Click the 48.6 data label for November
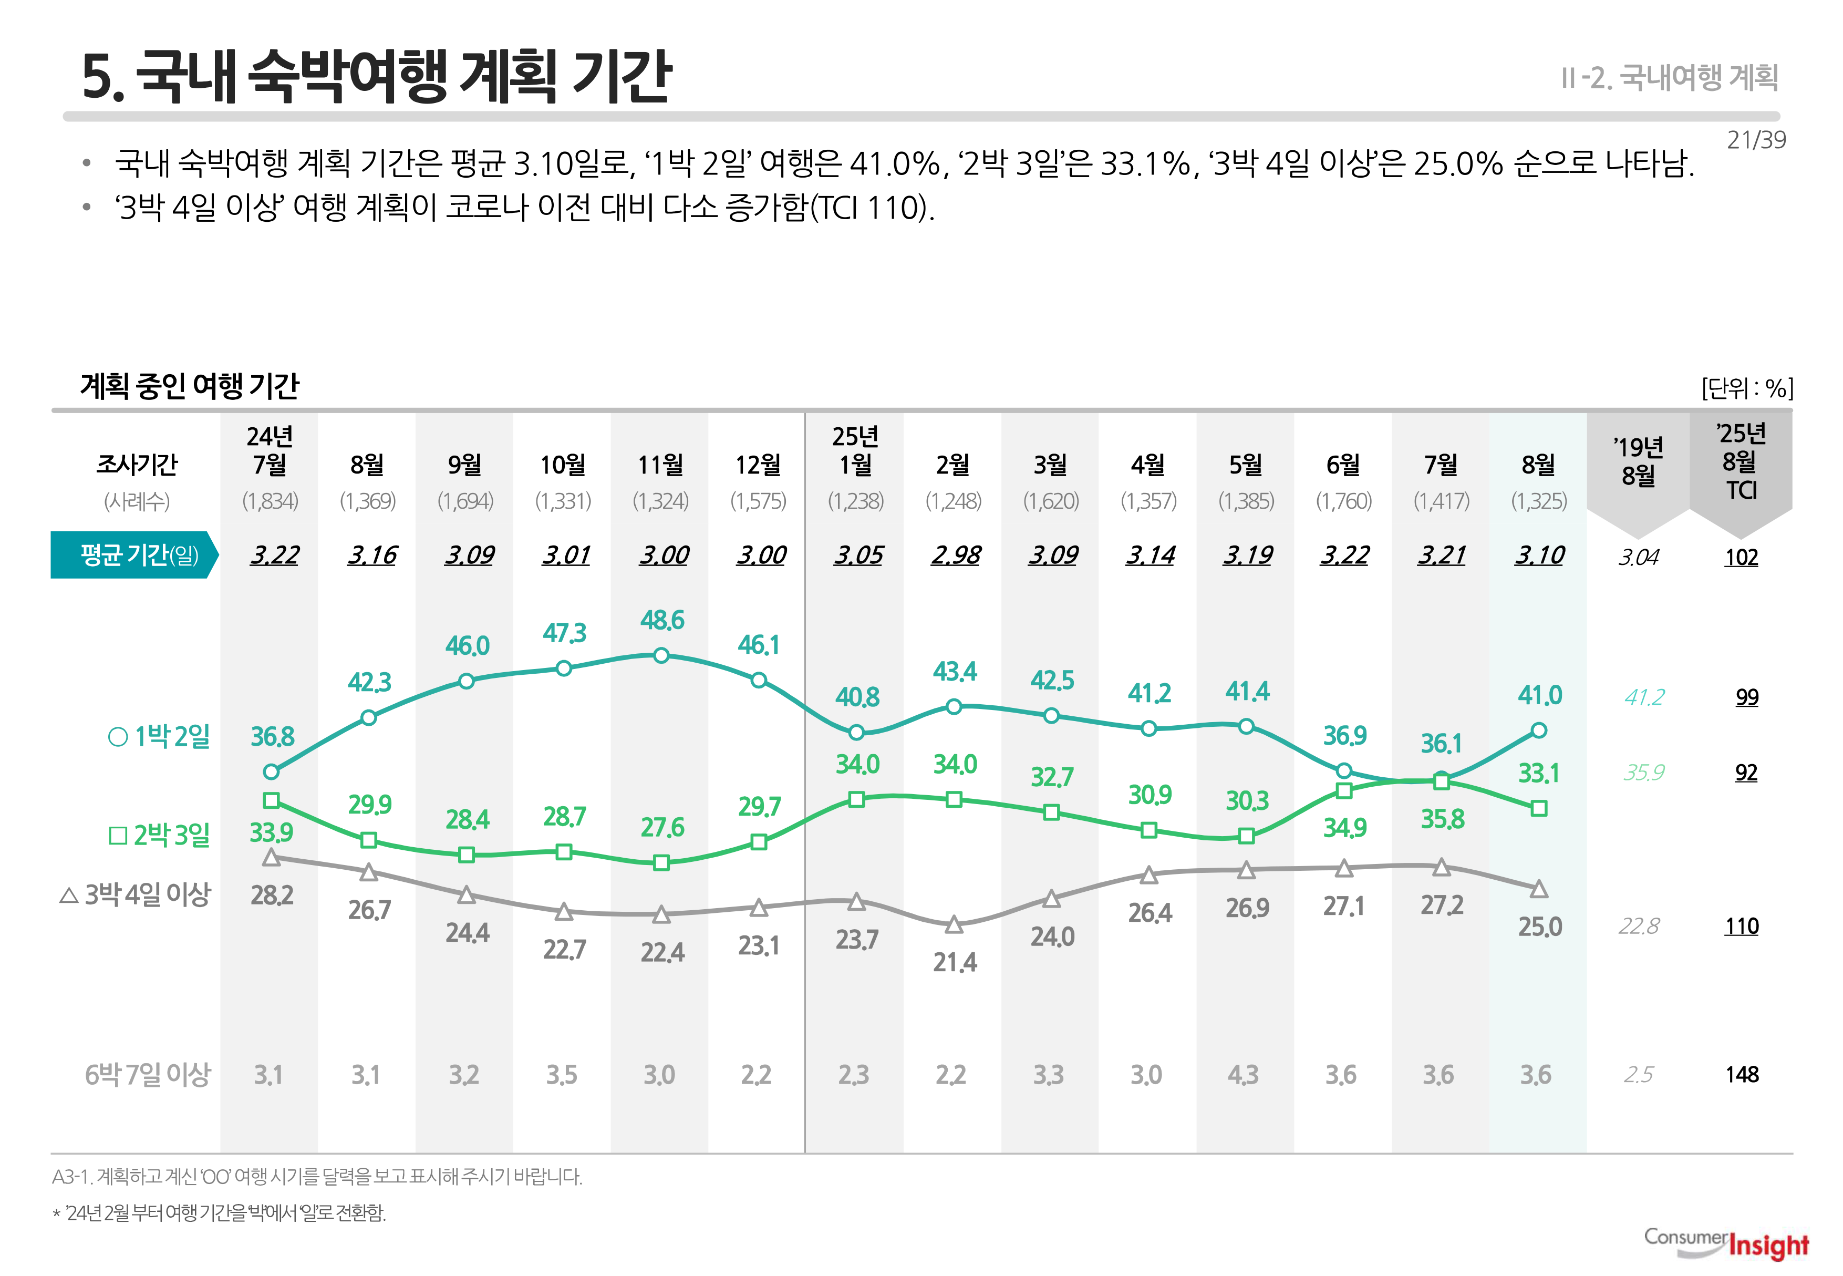pyautogui.click(x=662, y=621)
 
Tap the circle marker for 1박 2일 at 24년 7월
pyautogui.click(x=271, y=771)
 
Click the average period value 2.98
pyautogui.click(x=954, y=555)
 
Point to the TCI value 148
pyautogui.click(x=1742, y=1075)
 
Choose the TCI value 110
pyautogui.click(x=1742, y=927)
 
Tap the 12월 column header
pyautogui.click(x=758, y=465)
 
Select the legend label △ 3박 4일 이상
pyautogui.click(x=135, y=894)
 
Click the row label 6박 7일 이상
pyautogui.click(x=147, y=1075)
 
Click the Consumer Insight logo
pyautogui.click(x=1726, y=1243)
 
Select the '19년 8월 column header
pyautogui.click(x=1638, y=462)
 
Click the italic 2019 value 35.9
pyautogui.click(x=1643, y=773)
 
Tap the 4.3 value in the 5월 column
pyautogui.click(x=1243, y=1075)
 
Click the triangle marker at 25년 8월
pyautogui.click(x=1538, y=889)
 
